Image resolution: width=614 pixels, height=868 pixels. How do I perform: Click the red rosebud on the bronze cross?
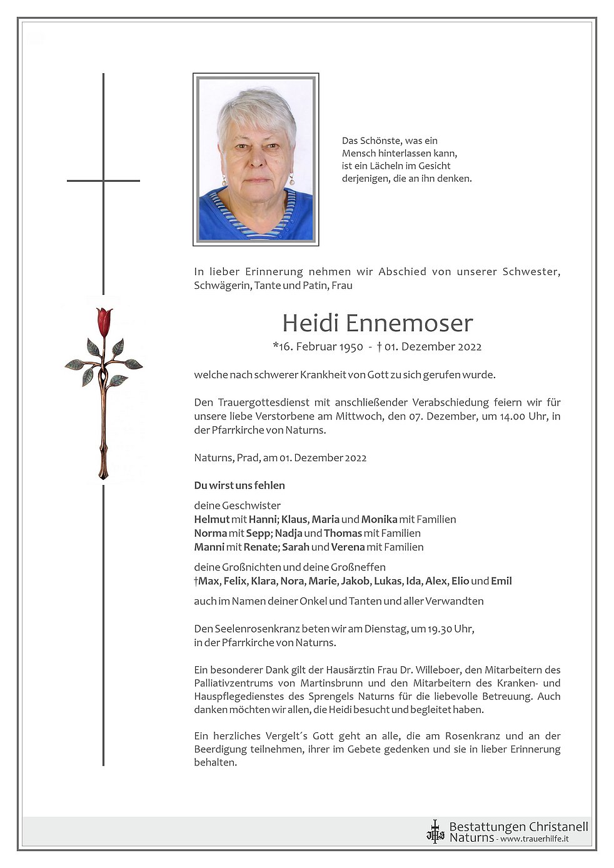pyautogui.click(x=104, y=321)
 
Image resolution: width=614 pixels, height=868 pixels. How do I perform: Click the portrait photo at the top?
pyautogui.click(x=256, y=159)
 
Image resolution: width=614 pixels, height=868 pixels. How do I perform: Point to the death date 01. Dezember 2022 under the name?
pyautogui.click(x=433, y=347)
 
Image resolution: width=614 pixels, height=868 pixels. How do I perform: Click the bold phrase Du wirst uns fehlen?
pyautogui.click(x=239, y=486)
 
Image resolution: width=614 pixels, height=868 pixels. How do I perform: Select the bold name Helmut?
pyautogui.click(x=212, y=519)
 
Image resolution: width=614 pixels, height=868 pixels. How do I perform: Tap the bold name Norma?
pyautogui.click(x=211, y=533)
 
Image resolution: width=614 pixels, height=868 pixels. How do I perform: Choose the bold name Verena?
pyautogui.click(x=348, y=547)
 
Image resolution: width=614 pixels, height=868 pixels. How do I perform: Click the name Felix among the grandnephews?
pyautogui.click(x=235, y=581)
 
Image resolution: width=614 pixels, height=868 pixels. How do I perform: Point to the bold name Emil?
pyautogui.click(x=501, y=581)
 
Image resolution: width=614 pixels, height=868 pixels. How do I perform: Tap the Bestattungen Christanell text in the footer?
pyautogui.click(x=518, y=827)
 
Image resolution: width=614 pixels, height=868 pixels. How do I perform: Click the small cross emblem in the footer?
pyautogui.click(x=435, y=832)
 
